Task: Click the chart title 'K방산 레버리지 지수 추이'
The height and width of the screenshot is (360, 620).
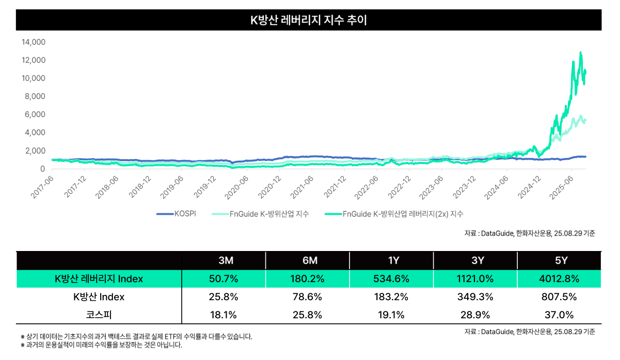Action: tap(309, 20)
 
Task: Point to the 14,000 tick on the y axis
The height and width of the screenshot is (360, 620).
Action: tap(34, 42)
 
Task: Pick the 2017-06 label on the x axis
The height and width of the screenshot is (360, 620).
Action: tap(42, 186)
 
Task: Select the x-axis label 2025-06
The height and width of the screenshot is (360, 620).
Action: tap(562, 186)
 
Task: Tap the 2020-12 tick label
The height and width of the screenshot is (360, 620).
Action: tap(269, 186)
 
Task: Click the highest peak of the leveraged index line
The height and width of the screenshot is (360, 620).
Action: tap(581, 52)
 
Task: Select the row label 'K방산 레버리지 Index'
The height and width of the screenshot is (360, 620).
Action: tap(99, 279)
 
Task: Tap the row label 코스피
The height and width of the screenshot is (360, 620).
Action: tap(99, 314)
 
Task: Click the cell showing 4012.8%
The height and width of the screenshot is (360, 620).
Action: tap(561, 279)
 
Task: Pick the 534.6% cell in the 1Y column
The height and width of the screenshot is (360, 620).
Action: tap(392, 279)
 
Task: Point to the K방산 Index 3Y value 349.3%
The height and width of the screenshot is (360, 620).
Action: tap(476, 297)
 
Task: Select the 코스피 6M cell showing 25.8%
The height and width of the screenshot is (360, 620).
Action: tap(308, 314)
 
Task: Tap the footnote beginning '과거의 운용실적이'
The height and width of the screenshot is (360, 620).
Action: tap(101, 345)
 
